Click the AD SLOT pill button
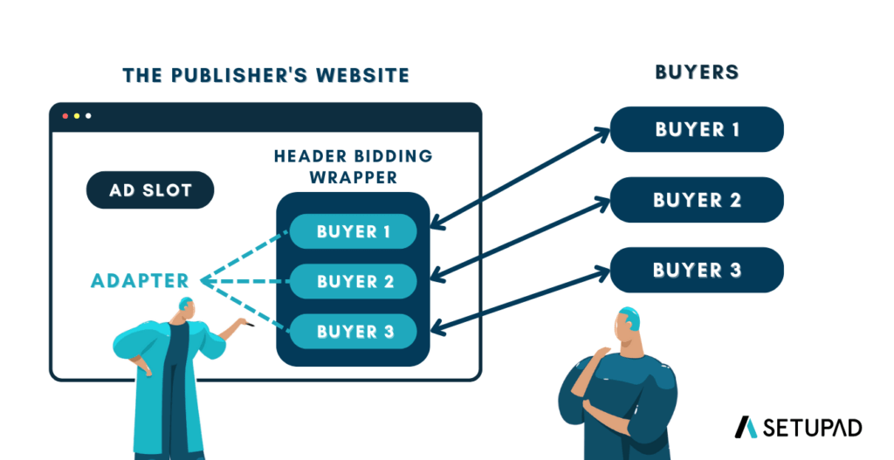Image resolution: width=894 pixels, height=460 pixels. pos(150,189)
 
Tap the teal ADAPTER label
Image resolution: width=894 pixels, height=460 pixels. pos(140,281)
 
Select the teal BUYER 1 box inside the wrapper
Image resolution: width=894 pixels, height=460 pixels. pos(353,231)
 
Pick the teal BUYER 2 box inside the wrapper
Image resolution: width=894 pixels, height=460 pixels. pos(353,282)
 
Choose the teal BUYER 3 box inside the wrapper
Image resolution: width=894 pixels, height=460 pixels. pos(353,332)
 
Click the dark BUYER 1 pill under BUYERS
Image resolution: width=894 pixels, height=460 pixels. pos(697,129)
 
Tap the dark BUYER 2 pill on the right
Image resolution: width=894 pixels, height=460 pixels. pos(697,200)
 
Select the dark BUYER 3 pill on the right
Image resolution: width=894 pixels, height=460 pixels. pos(697,270)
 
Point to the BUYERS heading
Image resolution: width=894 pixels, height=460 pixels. pos(697,72)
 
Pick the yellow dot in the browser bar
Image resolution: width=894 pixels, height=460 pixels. pos(77,116)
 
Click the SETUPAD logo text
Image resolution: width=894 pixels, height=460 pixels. pos(813,427)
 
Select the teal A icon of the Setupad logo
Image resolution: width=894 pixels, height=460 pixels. pos(746,427)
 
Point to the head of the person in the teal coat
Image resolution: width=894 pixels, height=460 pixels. pos(184,307)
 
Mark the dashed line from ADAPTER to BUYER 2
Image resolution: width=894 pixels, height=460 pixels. pos(244,281)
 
